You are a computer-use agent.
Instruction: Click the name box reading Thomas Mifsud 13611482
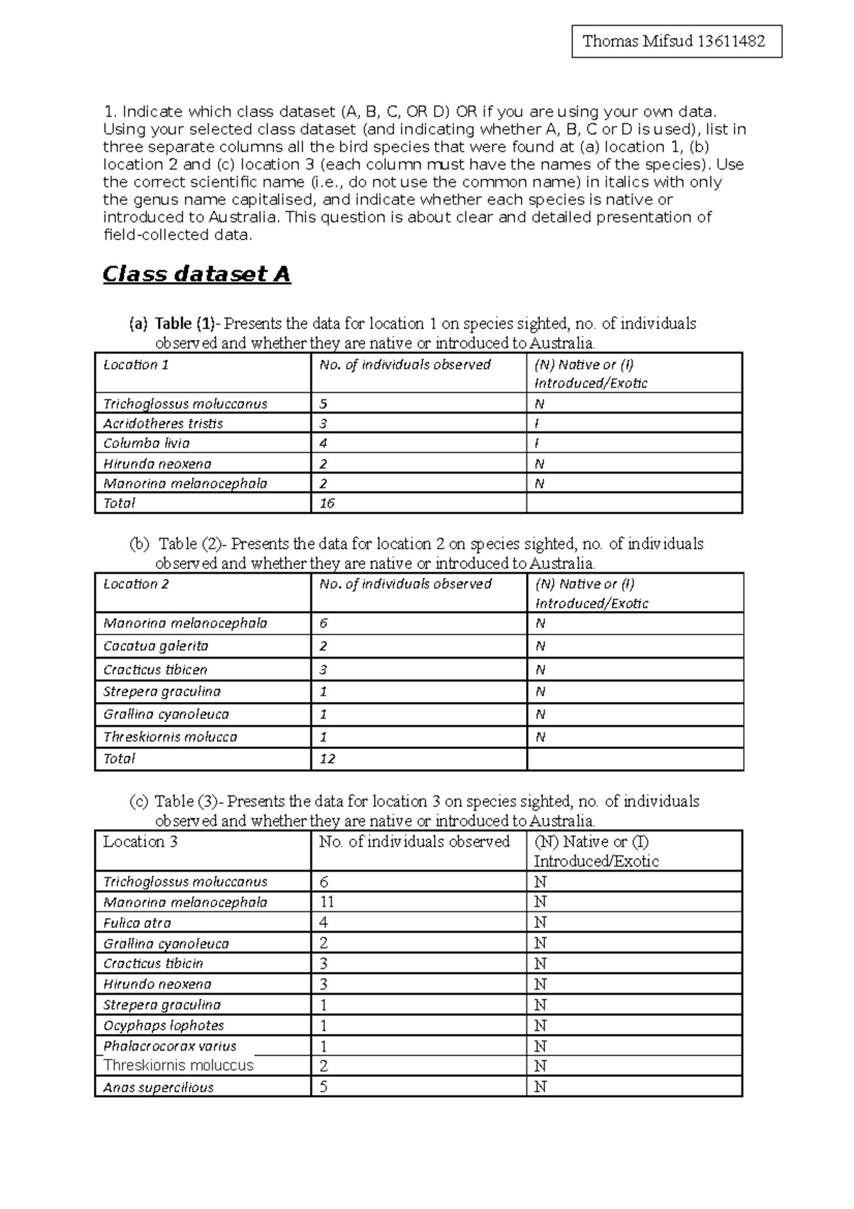[x=676, y=41]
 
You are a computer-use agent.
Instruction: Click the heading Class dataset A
[x=196, y=274]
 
